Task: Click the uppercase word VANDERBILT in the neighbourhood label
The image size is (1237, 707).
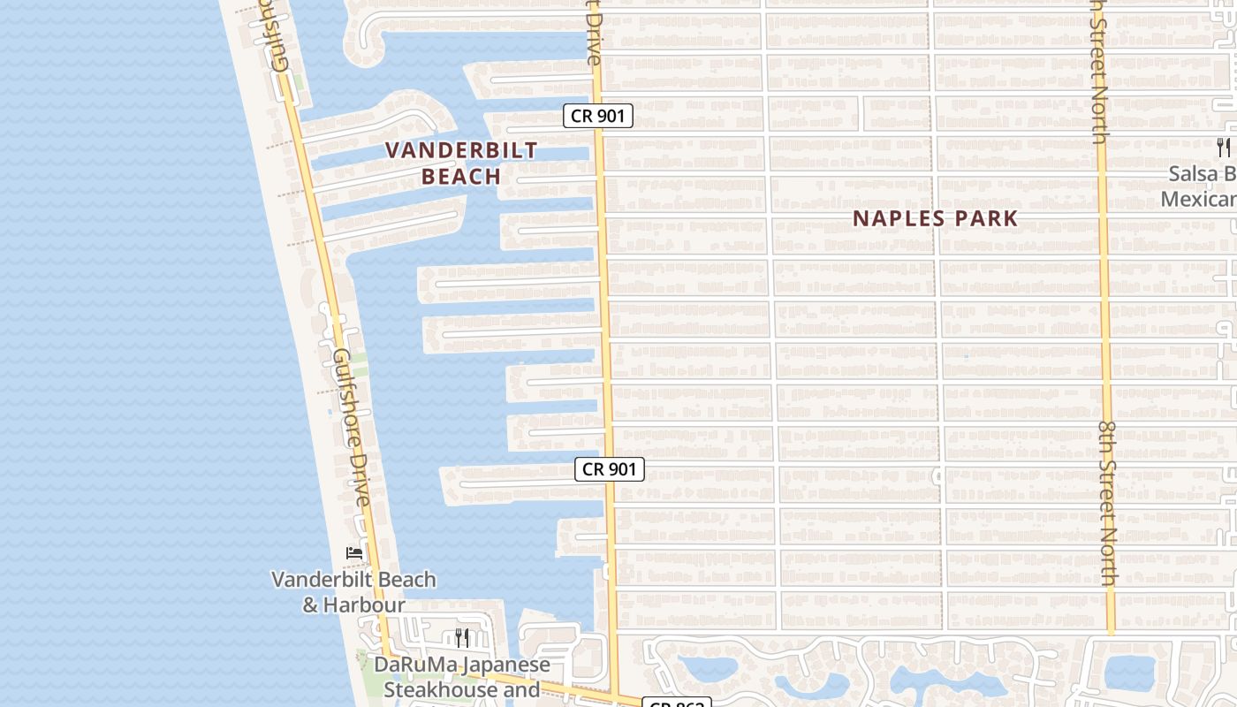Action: [461, 150]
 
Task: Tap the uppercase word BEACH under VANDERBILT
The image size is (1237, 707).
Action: [461, 177]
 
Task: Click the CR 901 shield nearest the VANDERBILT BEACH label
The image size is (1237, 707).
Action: [598, 116]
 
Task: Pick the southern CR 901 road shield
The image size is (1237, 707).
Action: [610, 469]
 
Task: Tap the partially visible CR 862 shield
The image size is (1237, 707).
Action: [677, 703]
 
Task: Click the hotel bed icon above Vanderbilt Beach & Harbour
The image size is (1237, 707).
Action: [354, 553]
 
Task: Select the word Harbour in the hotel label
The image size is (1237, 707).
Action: [364, 605]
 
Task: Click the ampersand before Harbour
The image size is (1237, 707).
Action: [310, 605]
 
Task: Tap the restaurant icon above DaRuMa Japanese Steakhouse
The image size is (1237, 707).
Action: [461, 637]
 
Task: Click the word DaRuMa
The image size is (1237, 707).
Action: [412, 665]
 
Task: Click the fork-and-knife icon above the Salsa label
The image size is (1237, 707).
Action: [1223, 147]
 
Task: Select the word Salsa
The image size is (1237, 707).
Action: [1193, 174]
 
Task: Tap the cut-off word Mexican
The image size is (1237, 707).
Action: [1198, 199]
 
